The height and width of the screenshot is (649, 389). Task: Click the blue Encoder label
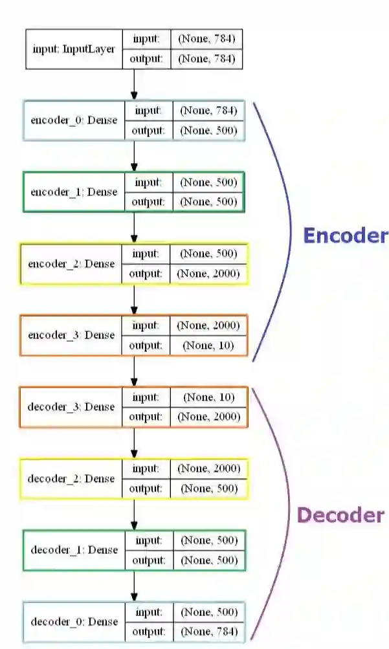(346, 236)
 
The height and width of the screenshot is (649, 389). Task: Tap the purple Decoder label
(340, 515)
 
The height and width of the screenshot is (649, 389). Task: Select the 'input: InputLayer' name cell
(74, 49)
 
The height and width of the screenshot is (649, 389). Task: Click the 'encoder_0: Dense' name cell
(74, 120)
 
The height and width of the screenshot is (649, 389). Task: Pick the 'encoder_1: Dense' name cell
(74, 192)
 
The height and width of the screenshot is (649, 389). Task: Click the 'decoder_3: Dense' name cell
(71, 407)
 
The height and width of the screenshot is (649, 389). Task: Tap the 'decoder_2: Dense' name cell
(71, 479)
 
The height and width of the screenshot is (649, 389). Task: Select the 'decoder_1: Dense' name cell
(74, 550)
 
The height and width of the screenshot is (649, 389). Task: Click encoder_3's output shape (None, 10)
(208, 346)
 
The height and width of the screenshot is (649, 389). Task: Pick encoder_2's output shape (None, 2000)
(208, 274)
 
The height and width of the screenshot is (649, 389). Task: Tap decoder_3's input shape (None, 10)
(208, 397)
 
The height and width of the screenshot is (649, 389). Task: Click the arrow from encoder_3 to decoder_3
(134, 371)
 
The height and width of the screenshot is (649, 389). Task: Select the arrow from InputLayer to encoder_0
(134, 85)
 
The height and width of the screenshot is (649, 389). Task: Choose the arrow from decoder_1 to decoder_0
(134, 586)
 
